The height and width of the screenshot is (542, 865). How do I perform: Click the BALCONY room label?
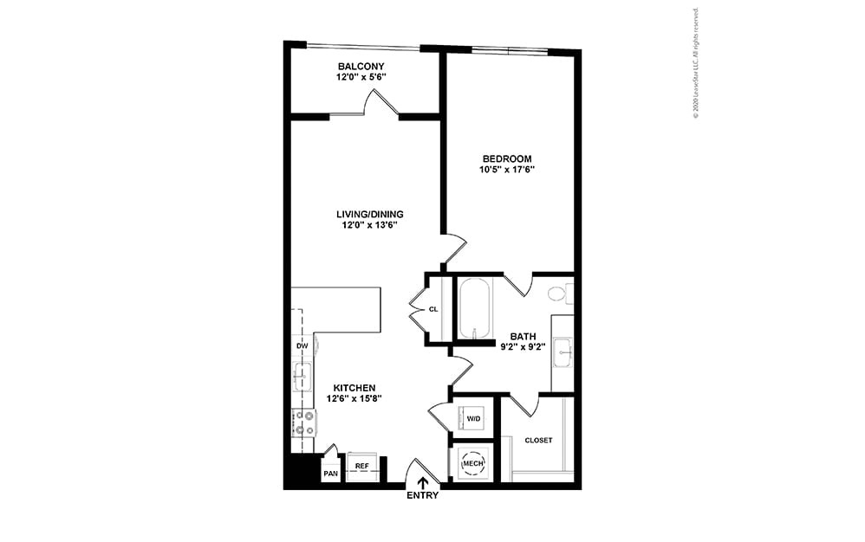pyautogui.click(x=361, y=67)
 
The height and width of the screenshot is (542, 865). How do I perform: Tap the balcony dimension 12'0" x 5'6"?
pyautogui.click(x=361, y=77)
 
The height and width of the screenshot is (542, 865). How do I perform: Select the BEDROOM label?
pyautogui.click(x=508, y=158)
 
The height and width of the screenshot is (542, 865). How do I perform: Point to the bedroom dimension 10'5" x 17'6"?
pyautogui.click(x=508, y=170)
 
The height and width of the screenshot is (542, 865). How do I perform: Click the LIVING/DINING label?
pyautogui.click(x=370, y=215)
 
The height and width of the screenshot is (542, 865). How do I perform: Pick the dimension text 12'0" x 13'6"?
pyautogui.click(x=370, y=226)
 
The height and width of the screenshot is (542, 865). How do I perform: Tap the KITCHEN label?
pyautogui.click(x=355, y=388)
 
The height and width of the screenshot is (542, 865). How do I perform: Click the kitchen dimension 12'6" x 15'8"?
pyautogui.click(x=355, y=399)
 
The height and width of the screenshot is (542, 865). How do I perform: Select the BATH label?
pyautogui.click(x=523, y=337)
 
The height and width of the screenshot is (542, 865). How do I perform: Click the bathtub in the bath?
pyautogui.click(x=474, y=307)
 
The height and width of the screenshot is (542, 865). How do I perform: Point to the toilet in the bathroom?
pyautogui.click(x=559, y=294)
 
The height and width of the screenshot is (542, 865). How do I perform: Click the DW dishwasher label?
pyautogui.click(x=302, y=346)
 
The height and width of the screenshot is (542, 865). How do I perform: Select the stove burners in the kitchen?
pyautogui.click(x=304, y=422)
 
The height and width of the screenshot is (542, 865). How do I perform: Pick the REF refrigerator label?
pyautogui.click(x=362, y=467)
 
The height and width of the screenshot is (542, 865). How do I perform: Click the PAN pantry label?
pyautogui.click(x=330, y=474)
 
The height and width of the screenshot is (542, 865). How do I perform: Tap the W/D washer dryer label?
pyautogui.click(x=473, y=419)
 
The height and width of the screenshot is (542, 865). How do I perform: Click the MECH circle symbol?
pyautogui.click(x=472, y=463)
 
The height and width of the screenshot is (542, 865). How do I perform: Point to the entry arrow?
pyautogui.click(x=423, y=483)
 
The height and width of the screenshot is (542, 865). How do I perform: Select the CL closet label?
pyautogui.click(x=433, y=309)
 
